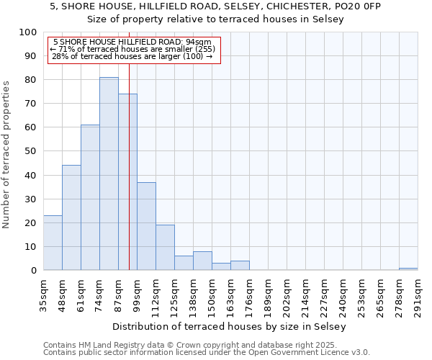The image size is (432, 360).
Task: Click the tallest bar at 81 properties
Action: point(109,174)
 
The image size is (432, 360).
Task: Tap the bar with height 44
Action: point(71,217)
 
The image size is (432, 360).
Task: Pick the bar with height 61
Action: point(90,197)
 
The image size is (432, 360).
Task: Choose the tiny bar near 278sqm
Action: point(408,269)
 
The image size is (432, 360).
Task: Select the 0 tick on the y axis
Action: point(33,271)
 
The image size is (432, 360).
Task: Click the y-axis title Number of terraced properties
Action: point(6,154)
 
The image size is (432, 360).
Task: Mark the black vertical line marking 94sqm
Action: point(129,180)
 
